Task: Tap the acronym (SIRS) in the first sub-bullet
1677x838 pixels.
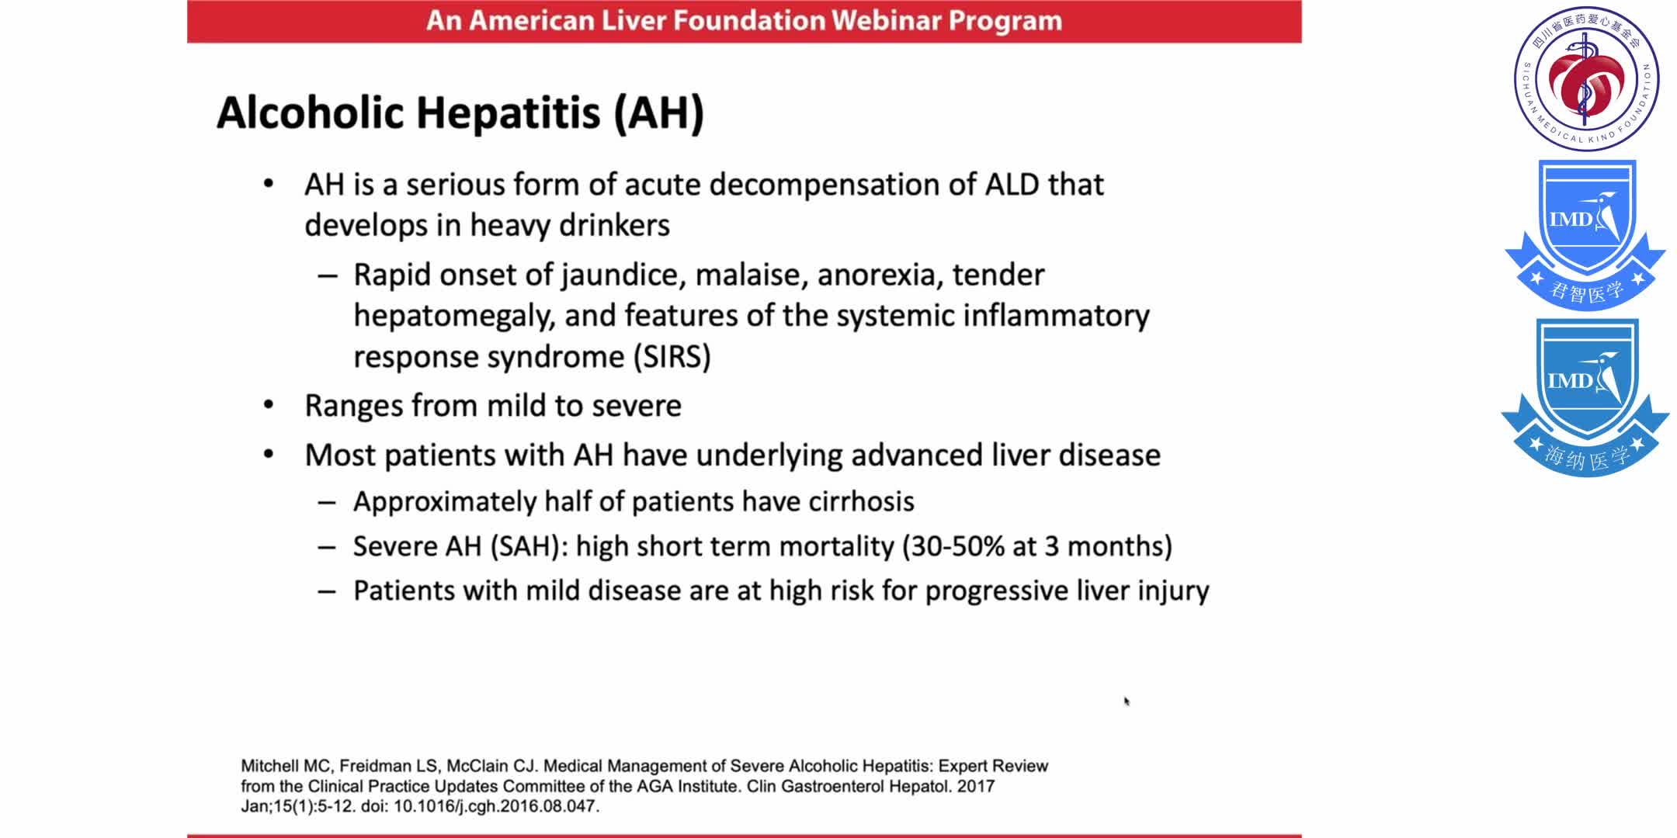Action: pos(672,357)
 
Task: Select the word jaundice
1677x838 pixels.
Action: pos(622,275)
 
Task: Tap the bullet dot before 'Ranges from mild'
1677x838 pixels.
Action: pos(269,405)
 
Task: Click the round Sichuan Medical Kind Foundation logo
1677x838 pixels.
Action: pos(1586,78)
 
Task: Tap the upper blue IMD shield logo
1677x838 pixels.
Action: pos(1585,233)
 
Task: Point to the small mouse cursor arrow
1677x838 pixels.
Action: pos(1126,701)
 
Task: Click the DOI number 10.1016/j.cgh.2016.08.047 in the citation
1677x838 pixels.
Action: pos(495,806)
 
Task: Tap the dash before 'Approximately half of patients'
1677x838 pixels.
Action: pos(327,503)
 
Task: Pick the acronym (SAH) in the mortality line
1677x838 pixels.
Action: pos(526,546)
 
